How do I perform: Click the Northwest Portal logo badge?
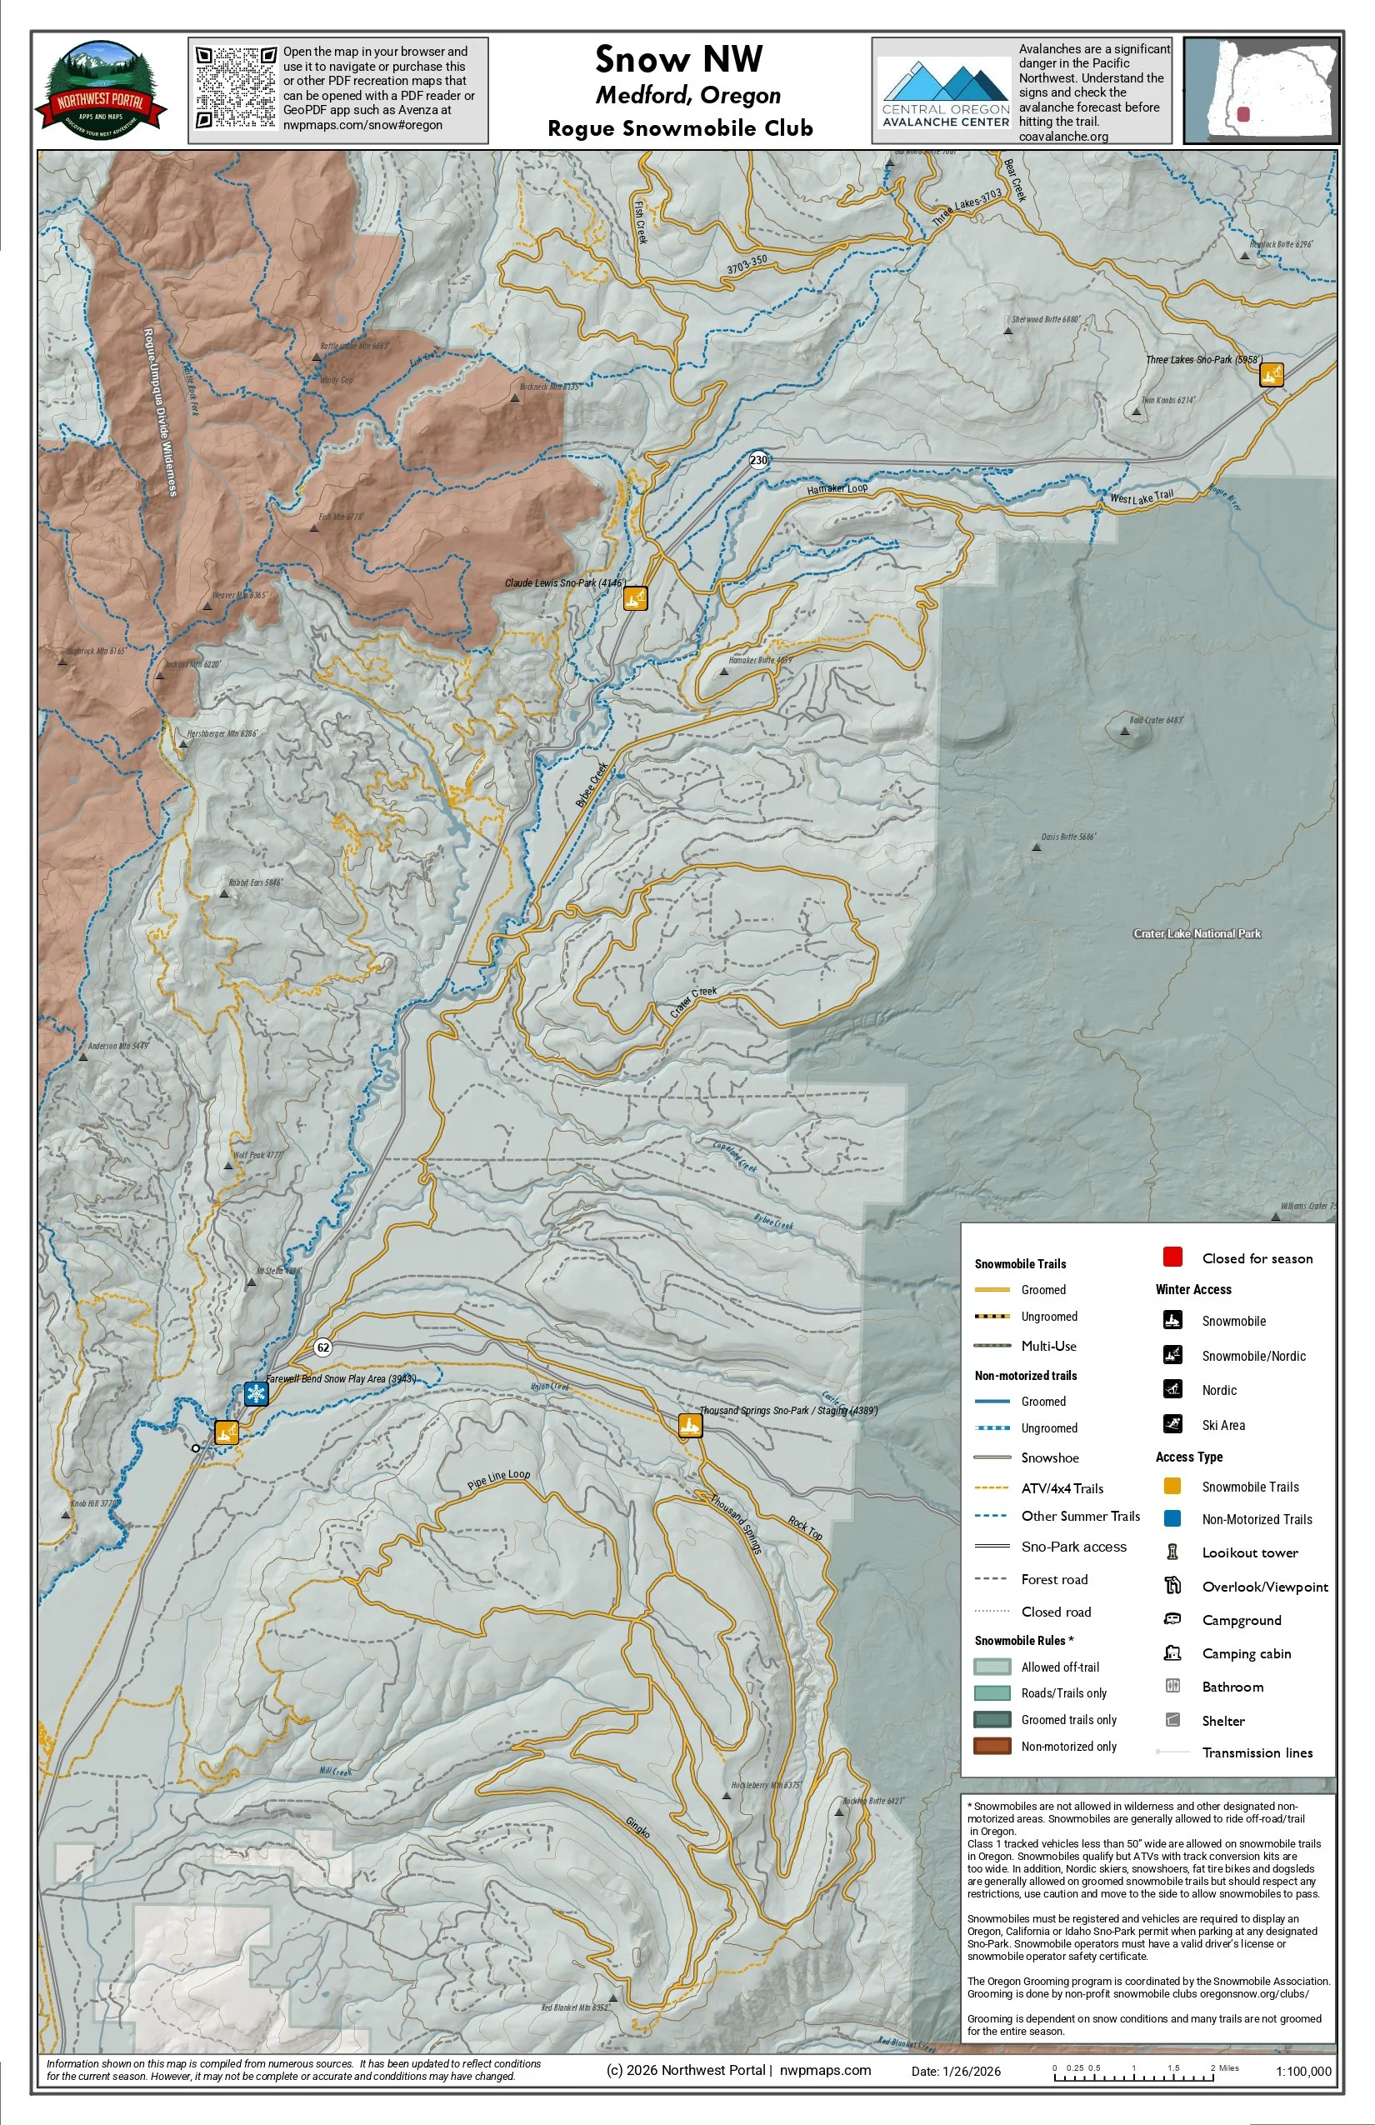pos(101,90)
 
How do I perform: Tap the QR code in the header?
pos(236,87)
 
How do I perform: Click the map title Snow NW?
pos(678,60)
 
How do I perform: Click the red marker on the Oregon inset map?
pos(1242,115)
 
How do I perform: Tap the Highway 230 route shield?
pos(758,461)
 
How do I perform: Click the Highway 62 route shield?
pos(323,1347)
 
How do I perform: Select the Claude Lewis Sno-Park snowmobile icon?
pos(635,598)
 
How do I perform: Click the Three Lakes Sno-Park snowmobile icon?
pos(1271,374)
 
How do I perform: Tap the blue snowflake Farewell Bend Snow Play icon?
pos(257,1393)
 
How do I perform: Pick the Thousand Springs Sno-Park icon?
pos(689,1425)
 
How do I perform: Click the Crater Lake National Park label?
pos(1197,934)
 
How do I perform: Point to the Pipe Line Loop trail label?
pos(498,1479)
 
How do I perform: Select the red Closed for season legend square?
pos(1172,1257)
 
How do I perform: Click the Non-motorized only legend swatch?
pos(991,1746)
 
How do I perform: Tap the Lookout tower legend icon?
pos(1172,1552)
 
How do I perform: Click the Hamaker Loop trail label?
pos(837,488)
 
